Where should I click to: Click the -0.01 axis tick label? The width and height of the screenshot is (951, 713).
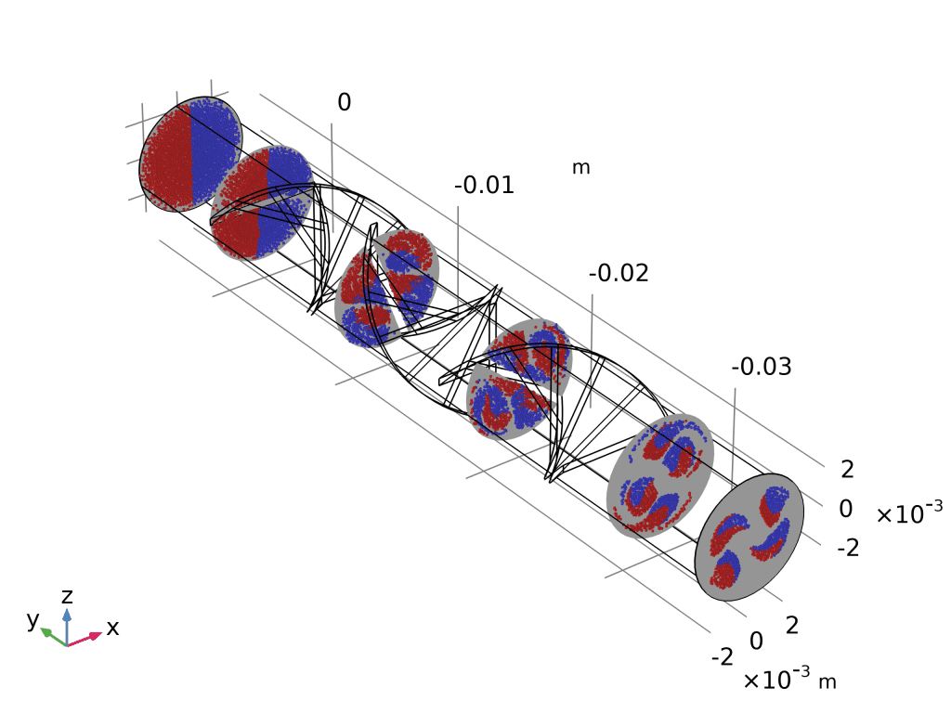tap(484, 185)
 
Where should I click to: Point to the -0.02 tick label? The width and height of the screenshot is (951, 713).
tap(618, 274)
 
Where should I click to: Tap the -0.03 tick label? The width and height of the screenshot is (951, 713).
tap(762, 367)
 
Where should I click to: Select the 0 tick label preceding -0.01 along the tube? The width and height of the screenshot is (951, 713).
tap(344, 102)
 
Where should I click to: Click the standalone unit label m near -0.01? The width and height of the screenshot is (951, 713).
tap(581, 167)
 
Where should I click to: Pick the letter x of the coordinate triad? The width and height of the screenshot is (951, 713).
tap(112, 629)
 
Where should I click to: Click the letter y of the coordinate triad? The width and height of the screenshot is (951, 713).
tap(33, 619)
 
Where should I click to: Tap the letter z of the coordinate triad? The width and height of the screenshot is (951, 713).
tap(67, 596)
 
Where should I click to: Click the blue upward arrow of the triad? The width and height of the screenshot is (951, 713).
tap(67, 627)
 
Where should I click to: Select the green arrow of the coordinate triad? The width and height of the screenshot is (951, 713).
tap(53, 637)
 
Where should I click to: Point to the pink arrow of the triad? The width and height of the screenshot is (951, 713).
tap(85, 639)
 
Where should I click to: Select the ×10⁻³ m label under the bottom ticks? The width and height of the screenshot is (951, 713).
tap(789, 679)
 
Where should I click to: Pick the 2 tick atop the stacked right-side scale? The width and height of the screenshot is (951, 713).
tap(847, 469)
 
